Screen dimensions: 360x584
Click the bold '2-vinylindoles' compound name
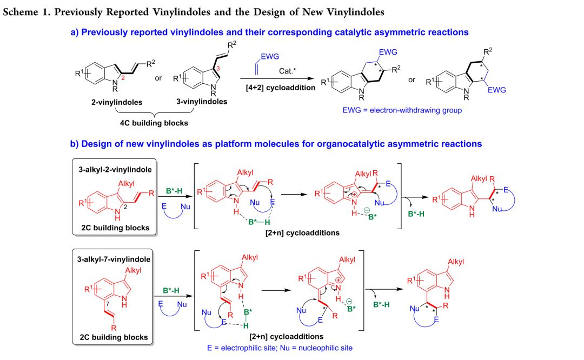pos(108,101)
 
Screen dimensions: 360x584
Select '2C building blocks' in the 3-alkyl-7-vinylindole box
pos(114,337)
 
